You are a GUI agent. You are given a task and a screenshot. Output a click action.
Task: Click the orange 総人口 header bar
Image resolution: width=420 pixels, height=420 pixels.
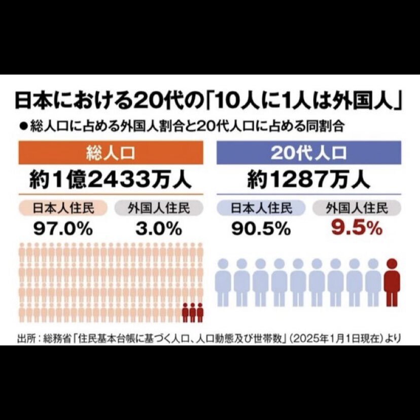[111, 153]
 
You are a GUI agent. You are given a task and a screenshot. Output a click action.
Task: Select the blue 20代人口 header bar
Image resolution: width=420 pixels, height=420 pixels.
[309, 153]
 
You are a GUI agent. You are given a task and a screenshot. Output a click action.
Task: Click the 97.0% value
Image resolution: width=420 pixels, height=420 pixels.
[63, 229]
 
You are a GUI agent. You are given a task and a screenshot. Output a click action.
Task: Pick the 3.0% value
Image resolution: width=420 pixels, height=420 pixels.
[158, 229]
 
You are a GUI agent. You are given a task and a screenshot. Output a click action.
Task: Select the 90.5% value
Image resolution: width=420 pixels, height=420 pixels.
[261, 229]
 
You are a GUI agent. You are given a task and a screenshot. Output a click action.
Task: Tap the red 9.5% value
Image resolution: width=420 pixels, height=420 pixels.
[357, 229]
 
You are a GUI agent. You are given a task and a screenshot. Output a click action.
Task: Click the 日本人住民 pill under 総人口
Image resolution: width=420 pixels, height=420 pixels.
[63, 207]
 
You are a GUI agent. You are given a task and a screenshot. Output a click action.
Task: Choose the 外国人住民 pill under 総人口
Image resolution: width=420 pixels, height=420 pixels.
[159, 207]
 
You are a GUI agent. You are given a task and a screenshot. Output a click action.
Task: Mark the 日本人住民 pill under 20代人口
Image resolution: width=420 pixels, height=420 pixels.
[261, 207]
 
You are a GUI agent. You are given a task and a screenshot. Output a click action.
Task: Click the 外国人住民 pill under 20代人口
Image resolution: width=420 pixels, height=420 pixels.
[357, 207]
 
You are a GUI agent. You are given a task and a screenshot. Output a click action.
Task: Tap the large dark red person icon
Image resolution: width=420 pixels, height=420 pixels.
[392, 282]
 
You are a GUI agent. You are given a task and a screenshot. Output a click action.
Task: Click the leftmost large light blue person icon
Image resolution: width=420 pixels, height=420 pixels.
[224, 282]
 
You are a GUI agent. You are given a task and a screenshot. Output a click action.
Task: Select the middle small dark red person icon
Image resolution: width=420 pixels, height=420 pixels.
[193, 312]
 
